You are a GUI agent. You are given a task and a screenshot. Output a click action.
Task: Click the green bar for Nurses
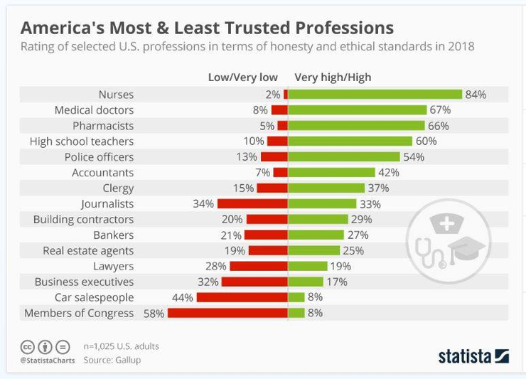(x=375, y=95)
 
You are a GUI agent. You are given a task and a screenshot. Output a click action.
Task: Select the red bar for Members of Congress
(x=227, y=313)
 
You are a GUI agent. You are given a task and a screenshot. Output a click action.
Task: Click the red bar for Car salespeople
(x=242, y=297)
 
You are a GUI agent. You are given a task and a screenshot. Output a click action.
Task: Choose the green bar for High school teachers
(x=350, y=142)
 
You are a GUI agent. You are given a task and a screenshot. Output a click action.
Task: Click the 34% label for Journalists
(x=203, y=203)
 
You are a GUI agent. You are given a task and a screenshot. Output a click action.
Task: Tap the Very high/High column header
(x=333, y=78)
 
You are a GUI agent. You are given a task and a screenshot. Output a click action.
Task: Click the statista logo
(x=473, y=355)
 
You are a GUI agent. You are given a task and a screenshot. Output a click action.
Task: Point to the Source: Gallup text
(x=112, y=360)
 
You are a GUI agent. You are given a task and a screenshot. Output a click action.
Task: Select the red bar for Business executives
(x=254, y=282)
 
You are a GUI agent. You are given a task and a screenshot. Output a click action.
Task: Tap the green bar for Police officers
(x=344, y=157)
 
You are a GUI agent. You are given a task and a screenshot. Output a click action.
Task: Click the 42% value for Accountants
(x=388, y=173)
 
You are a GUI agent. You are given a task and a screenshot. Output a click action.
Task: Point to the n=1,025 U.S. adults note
(x=121, y=346)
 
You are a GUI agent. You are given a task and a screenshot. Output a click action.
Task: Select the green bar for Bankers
(x=316, y=235)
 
